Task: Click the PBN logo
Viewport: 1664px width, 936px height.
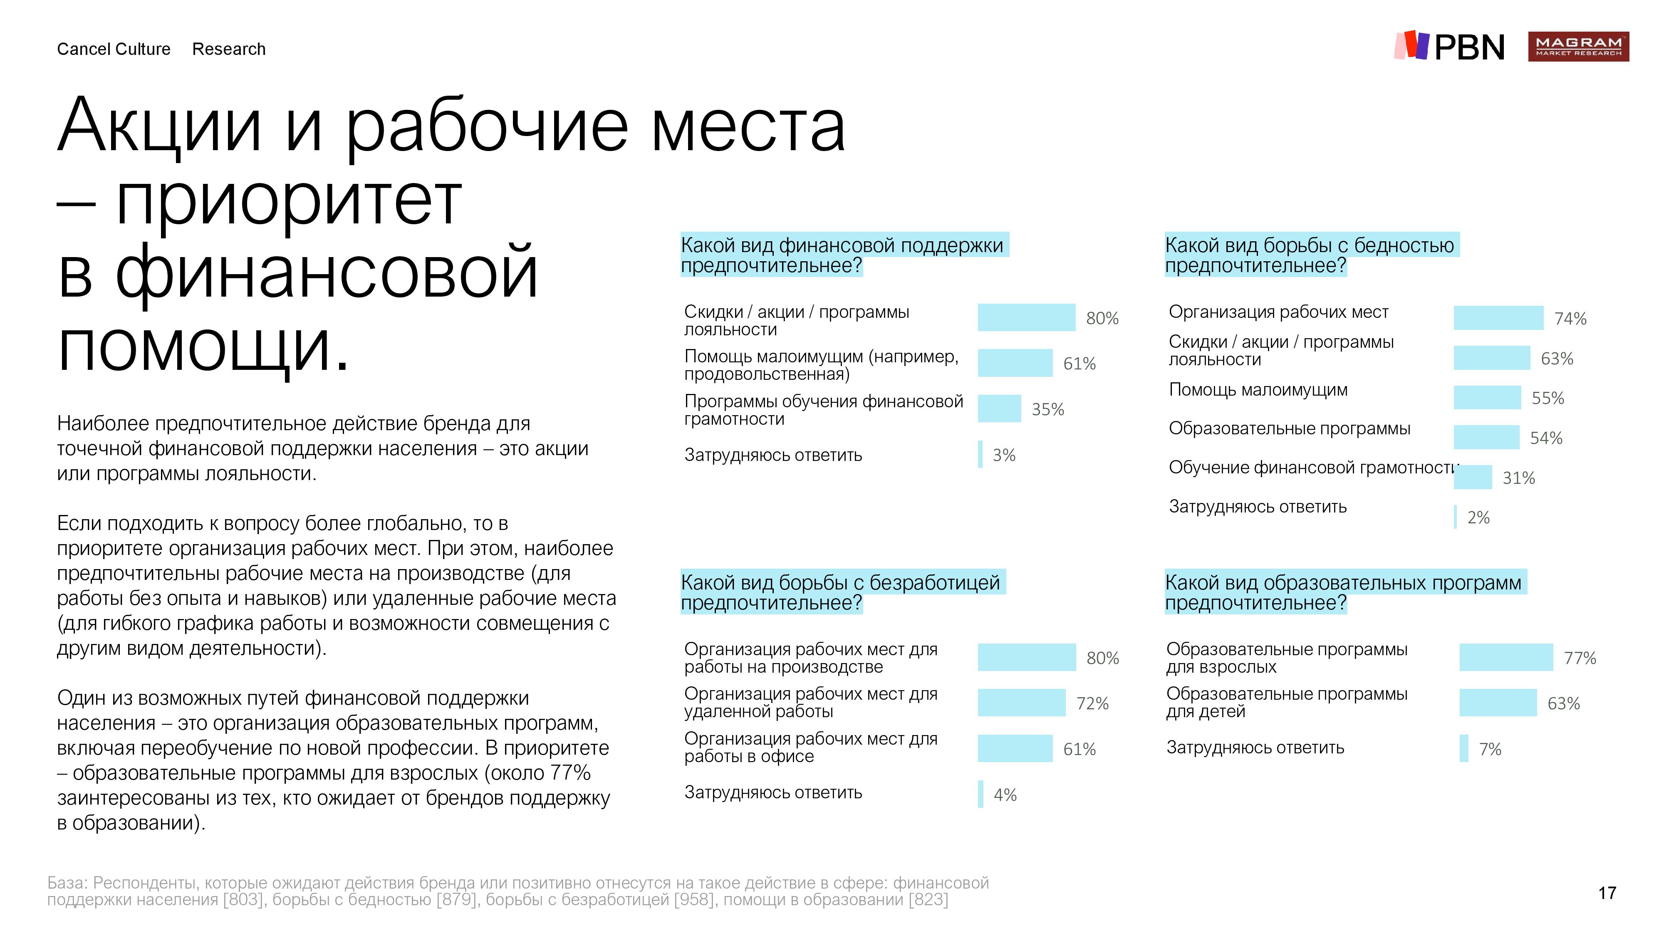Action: [x=1449, y=47]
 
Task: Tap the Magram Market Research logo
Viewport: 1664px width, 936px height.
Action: [x=1577, y=47]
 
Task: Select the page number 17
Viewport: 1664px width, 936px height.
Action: [x=1607, y=893]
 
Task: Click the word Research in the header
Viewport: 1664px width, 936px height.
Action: [x=229, y=49]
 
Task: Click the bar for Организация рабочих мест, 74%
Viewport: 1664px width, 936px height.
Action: [x=1498, y=318]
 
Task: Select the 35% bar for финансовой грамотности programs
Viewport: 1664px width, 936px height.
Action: [x=999, y=408]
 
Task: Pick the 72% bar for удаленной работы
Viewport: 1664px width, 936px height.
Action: [x=1021, y=703]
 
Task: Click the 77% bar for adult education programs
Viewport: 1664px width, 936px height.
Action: [x=1506, y=658]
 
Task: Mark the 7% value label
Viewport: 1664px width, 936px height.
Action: [x=1490, y=749]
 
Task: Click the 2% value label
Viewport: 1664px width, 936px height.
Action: [x=1478, y=518]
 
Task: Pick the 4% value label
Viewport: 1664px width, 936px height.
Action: [x=1005, y=795]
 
